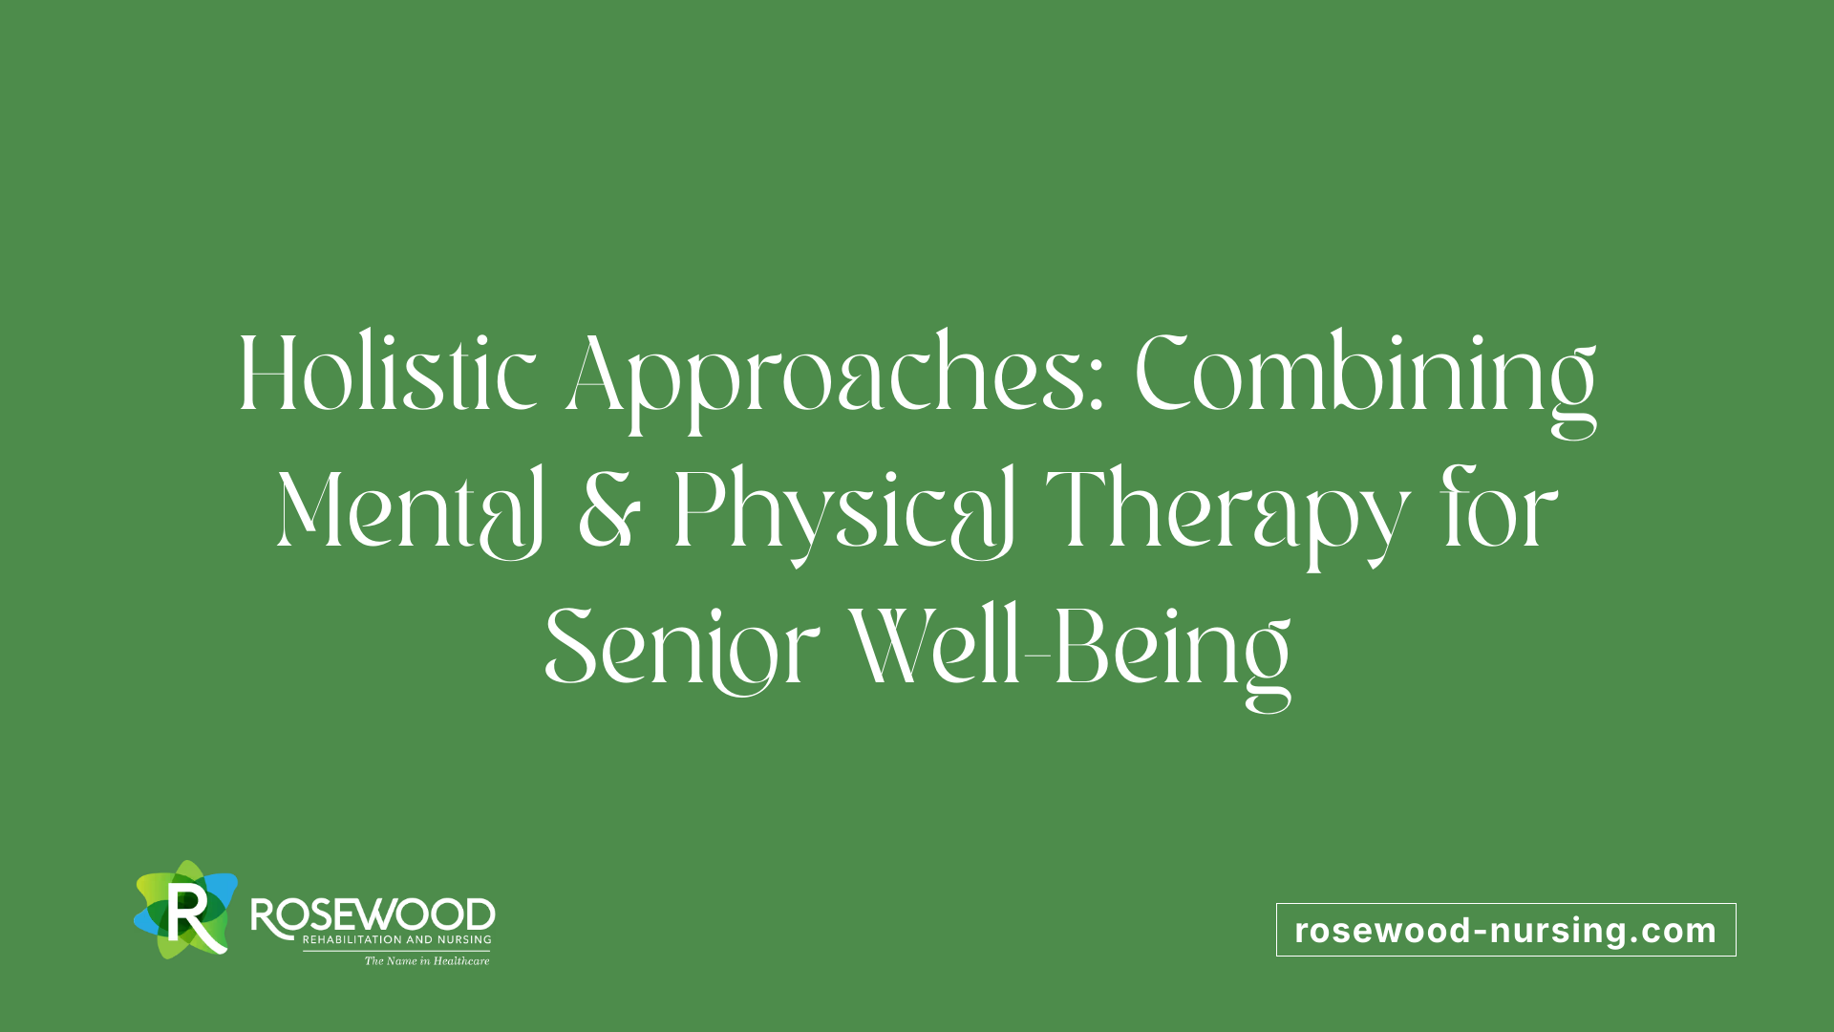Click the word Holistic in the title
coord(387,372)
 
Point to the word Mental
coord(410,511)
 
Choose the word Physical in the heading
coord(844,516)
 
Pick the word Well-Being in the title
coord(1071,655)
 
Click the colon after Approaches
coord(1096,388)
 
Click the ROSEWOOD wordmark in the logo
coord(373,915)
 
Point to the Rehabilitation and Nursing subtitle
coord(396,940)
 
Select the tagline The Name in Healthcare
coord(427,961)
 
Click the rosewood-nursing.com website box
coord(1506,930)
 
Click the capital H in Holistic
coord(267,373)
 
